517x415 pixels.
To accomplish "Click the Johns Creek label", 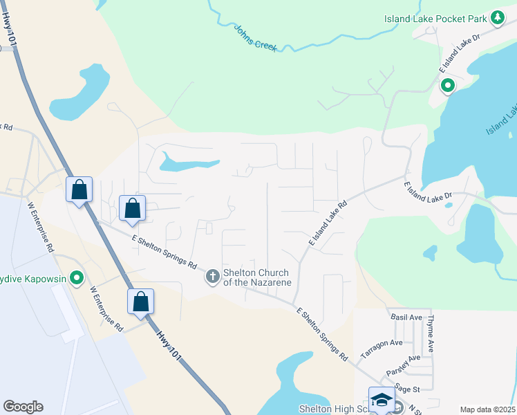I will (256, 38).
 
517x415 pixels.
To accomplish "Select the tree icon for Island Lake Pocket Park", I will (497, 18).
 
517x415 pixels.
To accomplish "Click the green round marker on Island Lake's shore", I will (447, 86).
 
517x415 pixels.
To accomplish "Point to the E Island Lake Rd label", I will (327, 221).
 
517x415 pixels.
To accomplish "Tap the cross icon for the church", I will (213, 277).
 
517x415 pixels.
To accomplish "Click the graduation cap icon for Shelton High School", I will (382, 400).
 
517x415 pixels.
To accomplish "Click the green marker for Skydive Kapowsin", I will (77, 279).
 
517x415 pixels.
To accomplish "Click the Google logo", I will (23, 407).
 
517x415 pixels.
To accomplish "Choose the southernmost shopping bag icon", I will (140, 302).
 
